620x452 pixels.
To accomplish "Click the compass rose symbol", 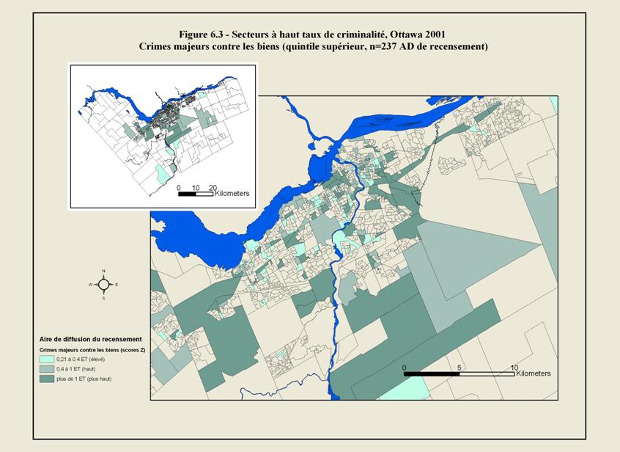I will (x=104, y=285).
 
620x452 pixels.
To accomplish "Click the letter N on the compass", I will (x=104, y=271).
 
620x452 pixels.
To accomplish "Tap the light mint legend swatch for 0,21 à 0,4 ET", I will (x=48, y=360).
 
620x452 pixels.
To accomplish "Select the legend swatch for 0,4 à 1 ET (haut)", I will (x=48, y=370).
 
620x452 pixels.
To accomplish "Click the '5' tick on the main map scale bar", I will (x=460, y=366).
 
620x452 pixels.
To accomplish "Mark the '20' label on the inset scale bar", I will (x=212, y=188).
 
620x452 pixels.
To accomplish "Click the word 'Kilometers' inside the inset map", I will (x=232, y=194).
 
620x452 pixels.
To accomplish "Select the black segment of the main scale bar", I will (x=432, y=374).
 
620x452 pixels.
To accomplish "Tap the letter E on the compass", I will (x=117, y=285).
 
